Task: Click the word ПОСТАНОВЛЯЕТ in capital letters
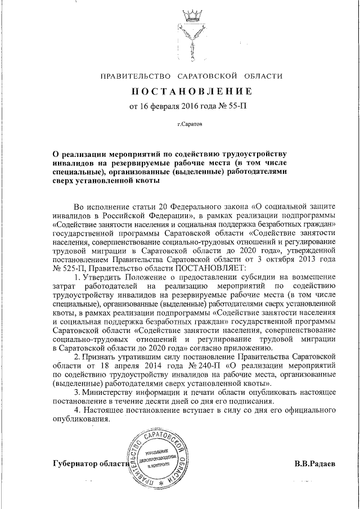tap(208, 268)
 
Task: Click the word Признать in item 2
tap(103, 356)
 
